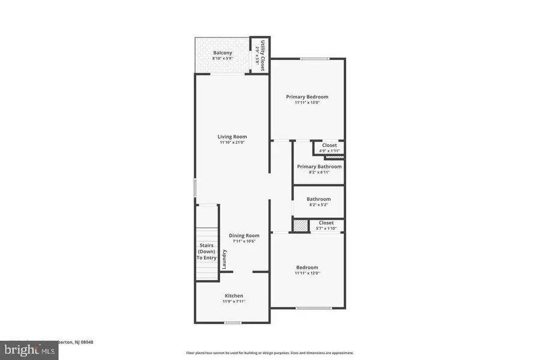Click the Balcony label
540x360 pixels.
click(x=223, y=53)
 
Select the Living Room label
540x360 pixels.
click(x=232, y=137)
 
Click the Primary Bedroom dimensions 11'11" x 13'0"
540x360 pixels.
click(x=307, y=103)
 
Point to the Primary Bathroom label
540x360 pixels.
click(x=319, y=167)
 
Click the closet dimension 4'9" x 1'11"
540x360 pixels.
click(x=329, y=151)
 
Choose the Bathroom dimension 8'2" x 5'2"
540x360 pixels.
click(x=318, y=205)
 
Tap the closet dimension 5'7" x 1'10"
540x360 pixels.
click(x=326, y=228)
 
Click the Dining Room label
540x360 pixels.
click(x=244, y=236)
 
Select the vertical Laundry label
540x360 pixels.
click(x=224, y=258)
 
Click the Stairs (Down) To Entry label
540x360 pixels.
click(x=206, y=251)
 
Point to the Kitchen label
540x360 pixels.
click(x=233, y=296)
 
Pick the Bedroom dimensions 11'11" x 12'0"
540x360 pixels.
click(x=307, y=273)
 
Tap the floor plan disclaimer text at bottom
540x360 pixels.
click(x=269, y=353)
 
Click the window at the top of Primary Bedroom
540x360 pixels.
click(x=314, y=59)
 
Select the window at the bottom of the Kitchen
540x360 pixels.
click(x=233, y=323)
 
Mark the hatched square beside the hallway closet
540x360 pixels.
click(x=299, y=226)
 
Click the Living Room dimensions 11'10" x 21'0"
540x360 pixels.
click(x=232, y=143)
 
